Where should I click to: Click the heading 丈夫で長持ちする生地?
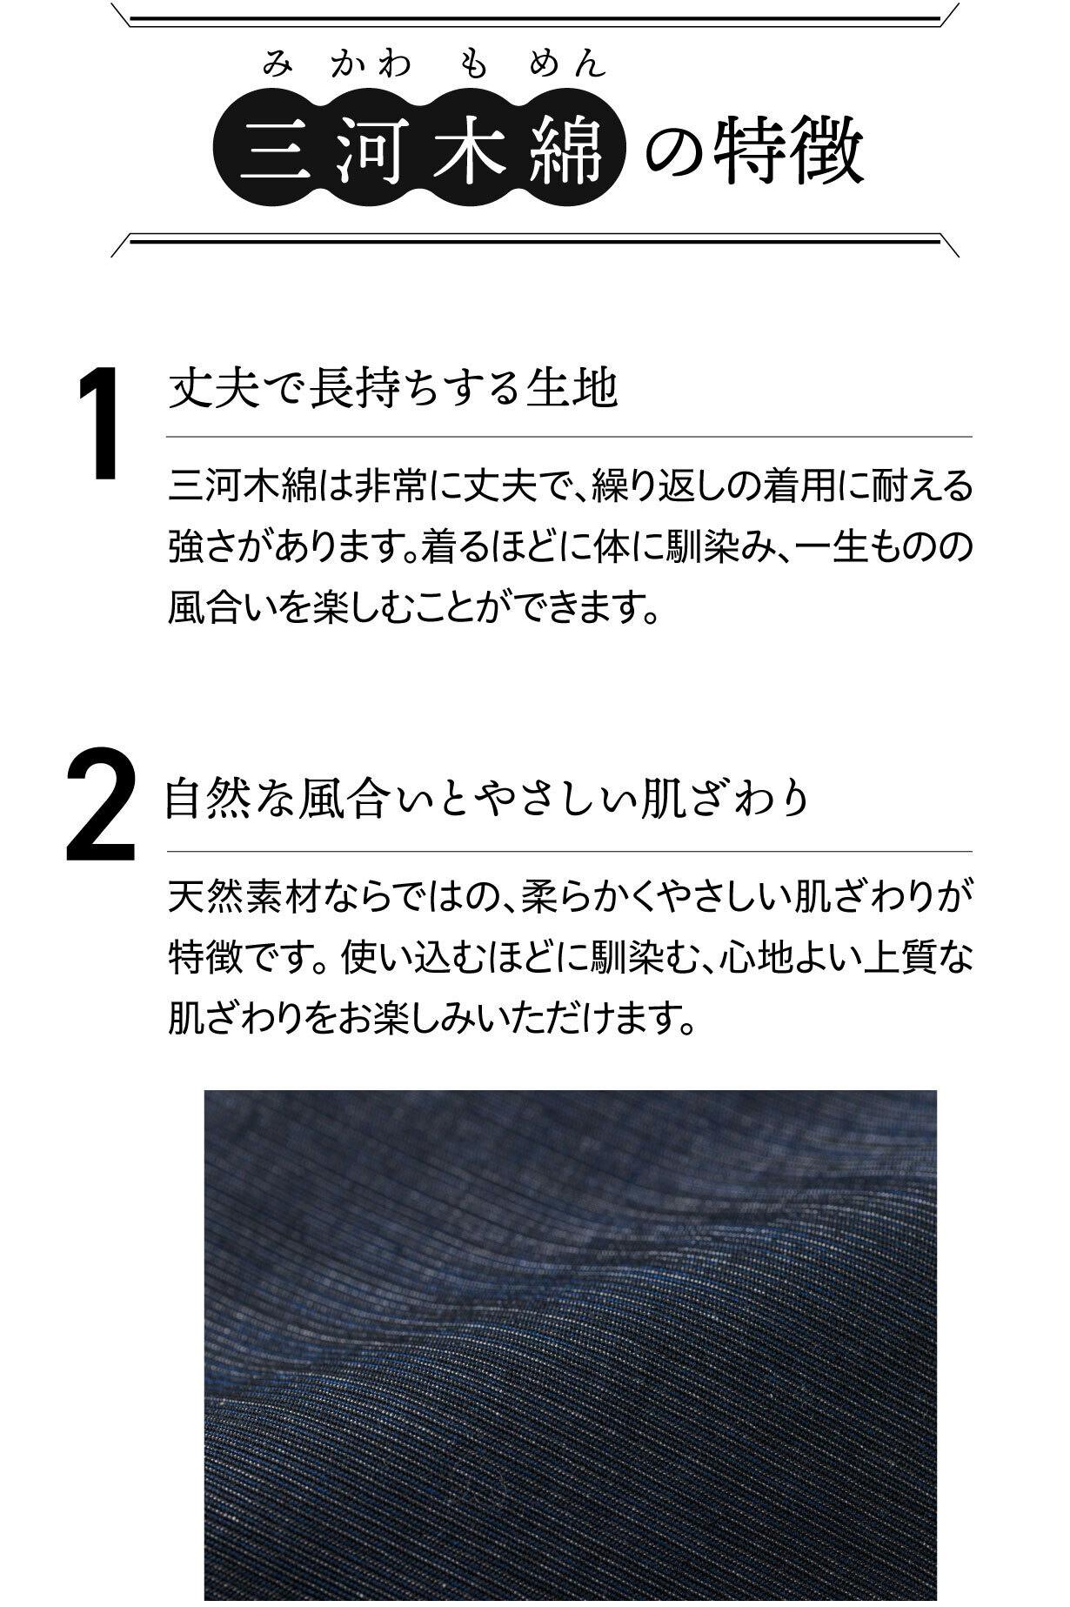pyautogui.click(x=393, y=388)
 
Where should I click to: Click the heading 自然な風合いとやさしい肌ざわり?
pyautogui.click(x=487, y=798)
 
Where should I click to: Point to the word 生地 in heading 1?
pyautogui.click(x=573, y=388)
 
